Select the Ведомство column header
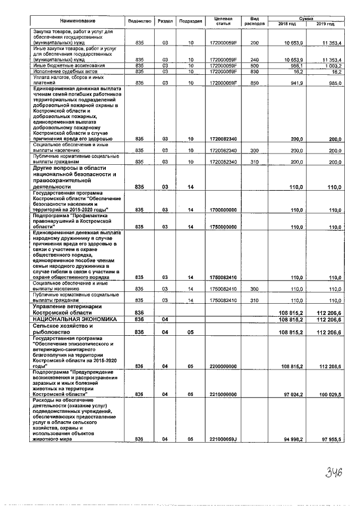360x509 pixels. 140,21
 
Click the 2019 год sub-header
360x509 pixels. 325,24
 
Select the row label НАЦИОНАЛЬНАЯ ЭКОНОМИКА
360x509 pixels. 66,319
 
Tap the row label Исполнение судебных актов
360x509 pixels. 58,71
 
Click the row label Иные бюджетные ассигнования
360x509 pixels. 61,66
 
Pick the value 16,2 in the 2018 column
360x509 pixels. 297,71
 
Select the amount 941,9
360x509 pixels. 296,82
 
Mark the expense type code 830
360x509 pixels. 254,71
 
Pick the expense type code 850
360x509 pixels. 254,82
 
